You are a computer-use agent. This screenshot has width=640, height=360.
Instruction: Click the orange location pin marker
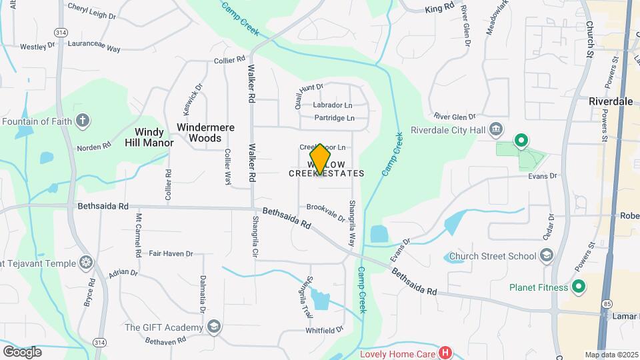click(x=320, y=159)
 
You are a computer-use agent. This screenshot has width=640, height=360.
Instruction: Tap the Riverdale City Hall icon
click(x=495, y=129)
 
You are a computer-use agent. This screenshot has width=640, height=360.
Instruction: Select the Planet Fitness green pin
click(x=579, y=287)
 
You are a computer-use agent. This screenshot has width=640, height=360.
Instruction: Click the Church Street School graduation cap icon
click(x=547, y=256)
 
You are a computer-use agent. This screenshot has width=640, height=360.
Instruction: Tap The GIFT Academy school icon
click(x=213, y=327)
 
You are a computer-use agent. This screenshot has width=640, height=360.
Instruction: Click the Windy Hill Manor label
click(x=149, y=137)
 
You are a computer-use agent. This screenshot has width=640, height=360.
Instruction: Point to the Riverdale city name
click(x=610, y=101)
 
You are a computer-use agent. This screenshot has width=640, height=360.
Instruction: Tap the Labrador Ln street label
click(x=332, y=105)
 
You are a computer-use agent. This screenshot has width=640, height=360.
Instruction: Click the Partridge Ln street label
click(x=333, y=118)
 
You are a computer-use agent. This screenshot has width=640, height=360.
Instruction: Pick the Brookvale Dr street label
click(x=325, y=212)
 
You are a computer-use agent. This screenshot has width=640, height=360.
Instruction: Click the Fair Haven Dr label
click(x=171, y=253)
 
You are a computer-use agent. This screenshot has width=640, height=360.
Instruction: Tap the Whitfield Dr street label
click(x=324, y=329)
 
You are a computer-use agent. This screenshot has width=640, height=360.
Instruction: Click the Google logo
click(x=22, y=351)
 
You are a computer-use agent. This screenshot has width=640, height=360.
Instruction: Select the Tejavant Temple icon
click(x=85, y=263)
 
